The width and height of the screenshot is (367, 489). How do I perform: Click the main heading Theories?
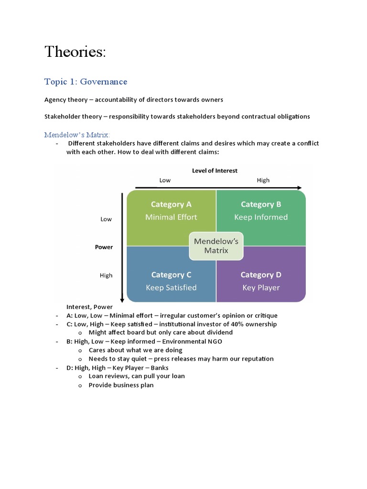coord(75,52)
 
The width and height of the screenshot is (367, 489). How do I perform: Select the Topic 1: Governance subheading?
coord(86,82)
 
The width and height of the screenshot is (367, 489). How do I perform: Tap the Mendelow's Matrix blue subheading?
coord(77,135)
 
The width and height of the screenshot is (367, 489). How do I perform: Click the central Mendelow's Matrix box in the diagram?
coord(216,246)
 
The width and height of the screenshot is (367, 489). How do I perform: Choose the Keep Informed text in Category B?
coord(260,217)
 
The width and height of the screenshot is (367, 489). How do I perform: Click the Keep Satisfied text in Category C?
coord(171,287)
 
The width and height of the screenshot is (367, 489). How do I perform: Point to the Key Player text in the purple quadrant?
coord(261,287)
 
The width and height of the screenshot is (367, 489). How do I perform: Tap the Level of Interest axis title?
coord(215,170)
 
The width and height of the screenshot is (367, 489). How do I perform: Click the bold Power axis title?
coord(104,247)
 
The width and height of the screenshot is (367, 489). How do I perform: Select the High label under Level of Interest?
coord(263,180)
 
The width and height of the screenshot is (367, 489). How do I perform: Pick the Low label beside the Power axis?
coord(106,219)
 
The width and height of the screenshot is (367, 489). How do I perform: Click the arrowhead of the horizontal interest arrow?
coord(299,188)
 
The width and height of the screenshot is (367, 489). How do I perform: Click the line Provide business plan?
coord(121,385)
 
